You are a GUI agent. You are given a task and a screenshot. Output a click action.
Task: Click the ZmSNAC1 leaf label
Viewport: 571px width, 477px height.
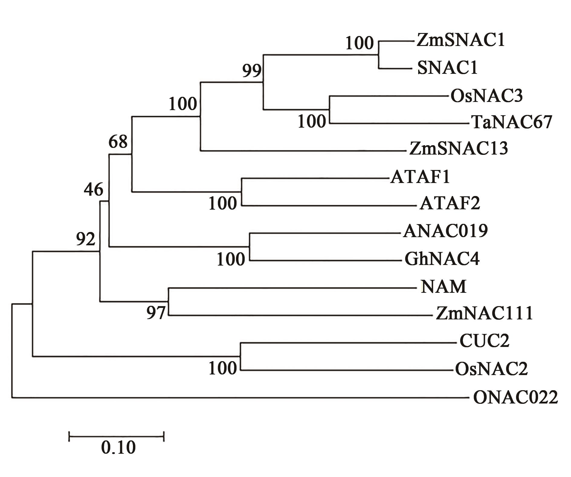(x=460, y=40)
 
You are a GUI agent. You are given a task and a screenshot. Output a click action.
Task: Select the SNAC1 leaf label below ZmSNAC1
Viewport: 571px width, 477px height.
(x=447, y=68)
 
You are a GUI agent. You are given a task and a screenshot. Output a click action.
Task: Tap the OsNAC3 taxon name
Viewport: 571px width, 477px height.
(x=486, y=96)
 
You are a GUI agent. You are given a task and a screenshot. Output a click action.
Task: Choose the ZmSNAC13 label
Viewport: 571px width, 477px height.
(x=458, y=149)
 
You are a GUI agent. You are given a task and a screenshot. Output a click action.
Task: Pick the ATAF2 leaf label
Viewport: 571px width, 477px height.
(x=450, y=204)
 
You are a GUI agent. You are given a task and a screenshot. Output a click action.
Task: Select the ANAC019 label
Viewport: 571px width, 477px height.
(x=445, y=231)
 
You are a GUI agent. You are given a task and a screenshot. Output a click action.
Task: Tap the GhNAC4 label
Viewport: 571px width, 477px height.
(x=442, y=259)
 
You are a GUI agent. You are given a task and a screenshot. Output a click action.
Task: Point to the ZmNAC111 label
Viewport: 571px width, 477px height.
(x=484, y=314)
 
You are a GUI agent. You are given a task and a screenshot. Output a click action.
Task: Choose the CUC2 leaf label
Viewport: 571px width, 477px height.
(x=485, y=341)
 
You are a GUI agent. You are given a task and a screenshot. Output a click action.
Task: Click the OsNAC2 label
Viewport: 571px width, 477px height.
(x=492, y=369)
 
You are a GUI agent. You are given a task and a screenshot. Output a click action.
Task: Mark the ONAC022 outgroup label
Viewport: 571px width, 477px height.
(x=515, y=397)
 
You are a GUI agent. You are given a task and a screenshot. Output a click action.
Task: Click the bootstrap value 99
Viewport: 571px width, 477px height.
(x=252, y=71)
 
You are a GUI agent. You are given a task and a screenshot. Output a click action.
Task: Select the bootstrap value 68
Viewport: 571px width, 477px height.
(x=118, y=141)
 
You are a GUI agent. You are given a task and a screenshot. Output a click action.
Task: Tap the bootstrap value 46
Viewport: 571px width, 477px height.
(x=94, y=190)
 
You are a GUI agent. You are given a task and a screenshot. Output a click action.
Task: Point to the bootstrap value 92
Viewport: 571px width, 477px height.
(x=85, y=239)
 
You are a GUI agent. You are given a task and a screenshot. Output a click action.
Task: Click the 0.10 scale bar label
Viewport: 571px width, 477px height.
(x=118, y=448)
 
